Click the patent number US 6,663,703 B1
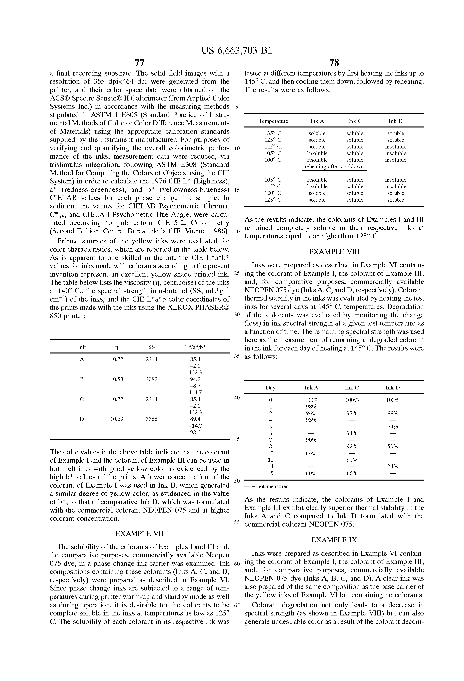coord(236,51)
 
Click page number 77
coord(140,63)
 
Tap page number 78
coord(334,63)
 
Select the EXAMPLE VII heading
coord(140,534)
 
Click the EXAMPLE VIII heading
coord(334,252)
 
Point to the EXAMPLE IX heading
coord(334,540)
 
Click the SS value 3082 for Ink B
coord(151,379)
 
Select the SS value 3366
coord(151,419)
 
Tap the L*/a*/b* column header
coord(195,347)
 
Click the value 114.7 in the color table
coord(195,392)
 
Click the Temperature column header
coord(273,121)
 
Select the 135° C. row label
coord(273,133)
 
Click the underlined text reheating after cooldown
coord(334,167)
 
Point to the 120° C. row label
coord(273,193)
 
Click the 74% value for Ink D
coord(392,427)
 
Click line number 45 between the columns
coord(237,439)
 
